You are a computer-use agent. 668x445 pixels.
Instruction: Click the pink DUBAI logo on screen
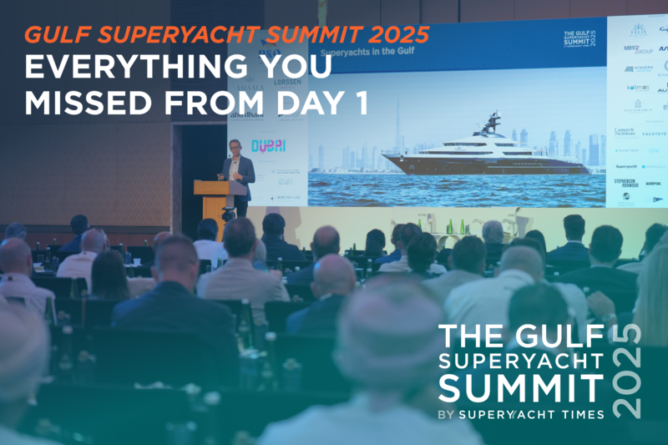(x=269, y=145)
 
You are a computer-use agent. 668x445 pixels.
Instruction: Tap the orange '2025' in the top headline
(x=396, y=35)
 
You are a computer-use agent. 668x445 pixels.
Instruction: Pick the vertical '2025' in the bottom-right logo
(x=629, y=371)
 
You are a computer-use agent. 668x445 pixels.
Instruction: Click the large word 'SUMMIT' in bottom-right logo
(x=519, y=388)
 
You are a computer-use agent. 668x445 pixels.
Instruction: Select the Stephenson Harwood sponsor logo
(x=625, y=183)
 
